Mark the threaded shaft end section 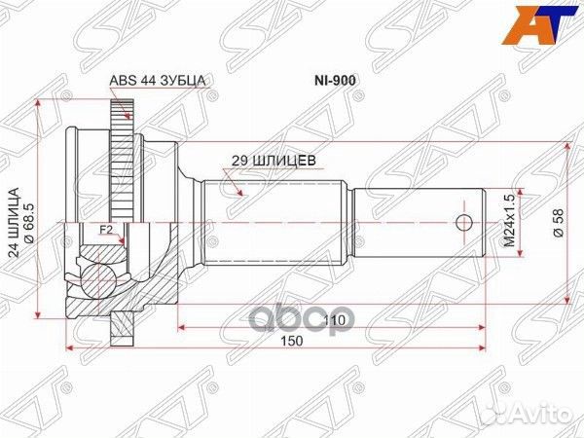click(x=419, y=221)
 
